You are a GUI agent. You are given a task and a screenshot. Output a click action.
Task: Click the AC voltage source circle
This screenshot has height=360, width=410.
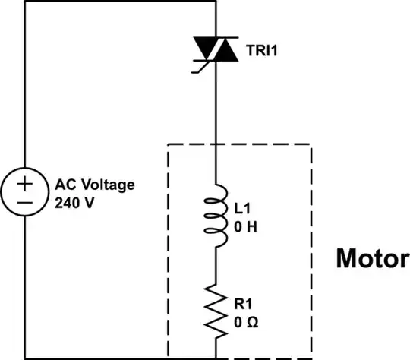pyautogui.click(x=25, y=193)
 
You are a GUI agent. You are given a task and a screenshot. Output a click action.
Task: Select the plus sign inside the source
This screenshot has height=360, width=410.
pyautogui.click(x=25, y=183)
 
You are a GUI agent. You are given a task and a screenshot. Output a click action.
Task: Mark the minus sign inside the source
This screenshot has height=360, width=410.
pyautogui.click(x=25, y=203)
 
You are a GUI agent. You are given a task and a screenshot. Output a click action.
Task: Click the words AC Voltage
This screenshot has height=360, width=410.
pyautogui.click(x=93, y=185)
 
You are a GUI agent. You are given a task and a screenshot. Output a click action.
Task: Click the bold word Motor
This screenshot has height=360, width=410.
pyautogui.click(x=371, y=258)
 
